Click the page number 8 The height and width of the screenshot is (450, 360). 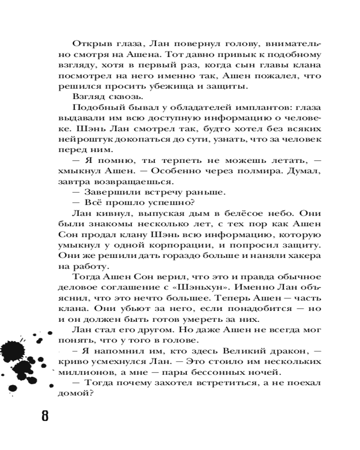(x=45, y=415)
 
